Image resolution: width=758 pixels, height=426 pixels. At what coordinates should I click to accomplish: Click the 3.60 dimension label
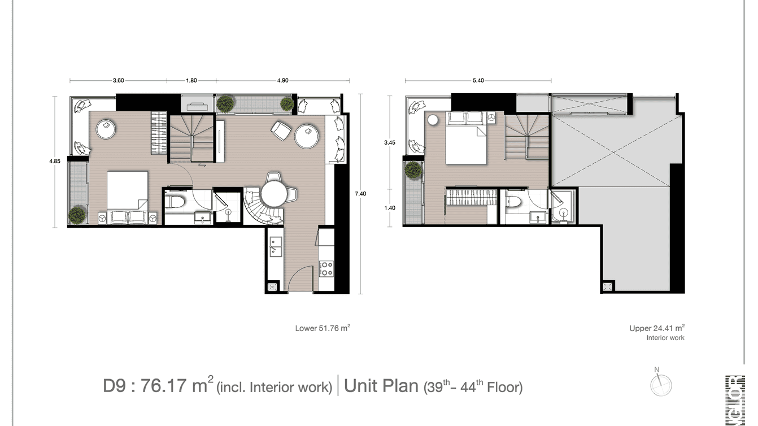click(x=118, y=81)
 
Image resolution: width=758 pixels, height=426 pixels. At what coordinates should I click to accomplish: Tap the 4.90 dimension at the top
click(x=283, y=81)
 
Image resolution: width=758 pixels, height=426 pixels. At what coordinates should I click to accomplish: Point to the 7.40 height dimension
click(x=360, y=194)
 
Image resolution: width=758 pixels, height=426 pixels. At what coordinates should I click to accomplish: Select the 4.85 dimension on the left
click(x=55, y=161)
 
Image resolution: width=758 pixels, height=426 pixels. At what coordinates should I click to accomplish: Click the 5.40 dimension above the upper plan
click(x=478, y=81)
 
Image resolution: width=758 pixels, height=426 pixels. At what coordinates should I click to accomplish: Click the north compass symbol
click(x=660, y=384)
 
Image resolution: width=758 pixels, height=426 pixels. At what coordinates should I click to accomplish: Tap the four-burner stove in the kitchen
click(x=326, y=268)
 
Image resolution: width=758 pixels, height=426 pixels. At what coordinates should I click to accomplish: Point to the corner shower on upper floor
click(x=562, y=210)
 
